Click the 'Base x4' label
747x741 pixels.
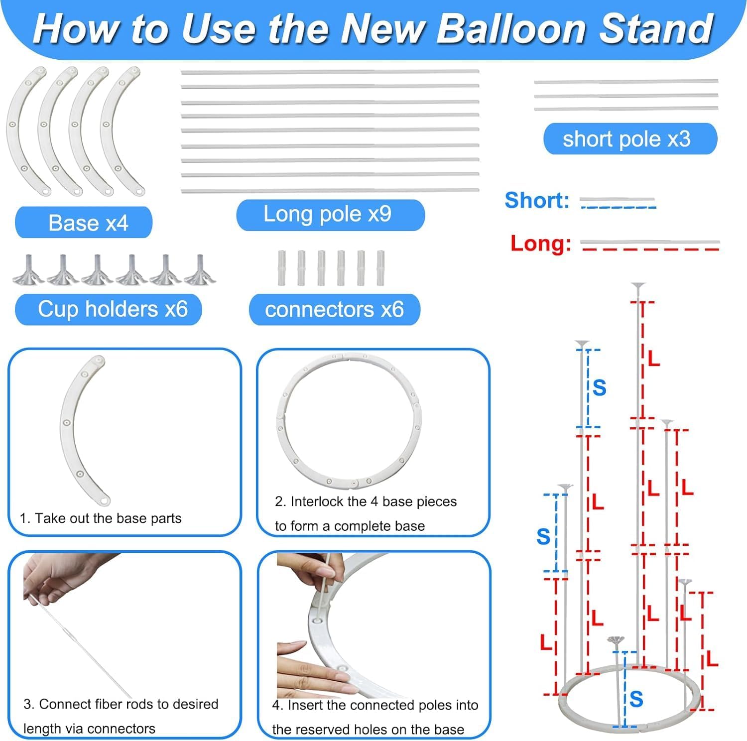(84, 223)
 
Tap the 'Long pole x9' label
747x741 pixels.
(330, 215)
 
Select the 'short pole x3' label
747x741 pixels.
(629, 139)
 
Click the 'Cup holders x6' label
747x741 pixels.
(109, 309)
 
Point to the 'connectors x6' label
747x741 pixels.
(334, 310)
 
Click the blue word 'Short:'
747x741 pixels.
(536, 200)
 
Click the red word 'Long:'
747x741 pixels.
(540, 244)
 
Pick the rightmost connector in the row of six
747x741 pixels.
(380, 268)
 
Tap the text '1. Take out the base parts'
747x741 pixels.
(101, 518)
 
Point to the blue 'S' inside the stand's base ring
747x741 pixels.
(636, 699)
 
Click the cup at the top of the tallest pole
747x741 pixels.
(638, 286)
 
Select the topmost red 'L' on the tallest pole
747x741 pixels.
(653, 359)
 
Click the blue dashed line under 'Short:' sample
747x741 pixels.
(618, 207)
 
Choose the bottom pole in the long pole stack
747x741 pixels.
(330, 190)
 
